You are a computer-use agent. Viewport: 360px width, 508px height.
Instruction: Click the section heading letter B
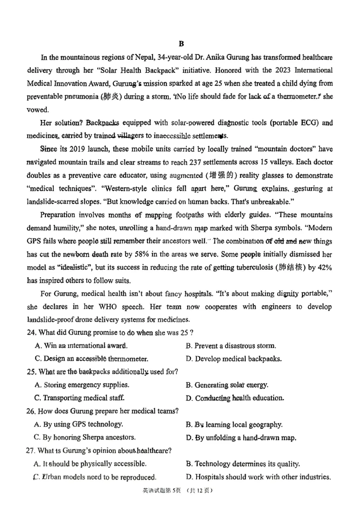coord(181,44)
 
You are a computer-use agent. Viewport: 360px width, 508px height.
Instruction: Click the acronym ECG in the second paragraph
coord(299,123)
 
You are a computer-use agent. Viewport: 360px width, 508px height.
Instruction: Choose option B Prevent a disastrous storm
coord(231,346)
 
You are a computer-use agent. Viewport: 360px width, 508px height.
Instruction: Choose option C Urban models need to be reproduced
coord(95,477)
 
